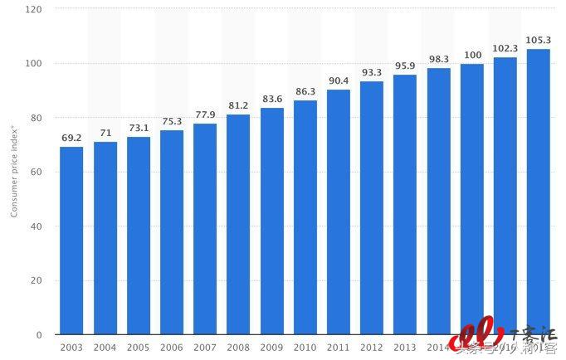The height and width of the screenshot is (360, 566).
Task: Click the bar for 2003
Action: (x=71, y=241)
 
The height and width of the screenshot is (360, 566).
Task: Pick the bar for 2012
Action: (x=372, y=207)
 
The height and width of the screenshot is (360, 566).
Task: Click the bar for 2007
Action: (x=205, y=229)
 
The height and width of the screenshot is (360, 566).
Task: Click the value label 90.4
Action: (x=339, y=80)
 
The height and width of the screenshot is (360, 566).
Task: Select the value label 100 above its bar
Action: (x=472, y=55)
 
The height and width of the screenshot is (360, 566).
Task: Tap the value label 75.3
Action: (x=172, y=121)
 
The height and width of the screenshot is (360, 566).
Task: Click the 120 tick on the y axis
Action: (x=35, y=9)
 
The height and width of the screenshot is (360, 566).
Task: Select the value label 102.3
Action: (x=505, y=48)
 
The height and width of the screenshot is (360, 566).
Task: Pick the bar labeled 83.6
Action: (x=272, y=221)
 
